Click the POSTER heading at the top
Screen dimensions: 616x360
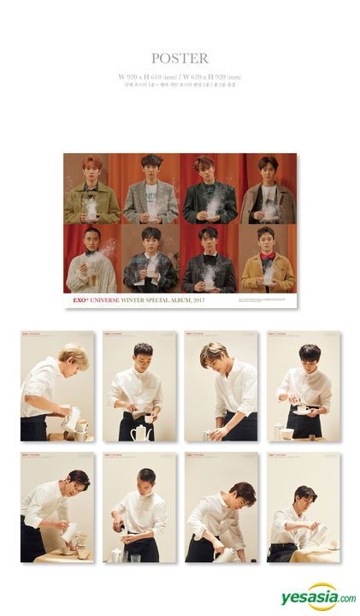[180, 59]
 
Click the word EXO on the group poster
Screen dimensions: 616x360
[75, 299]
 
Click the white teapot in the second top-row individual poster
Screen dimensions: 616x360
[137, 432]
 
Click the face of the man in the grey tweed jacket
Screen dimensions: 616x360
[150, 166]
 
